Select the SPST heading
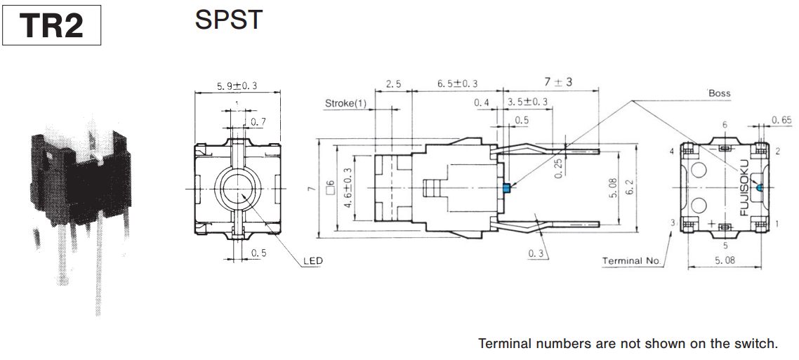228,20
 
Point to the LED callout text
313,261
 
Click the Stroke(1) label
345,103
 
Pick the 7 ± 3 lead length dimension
558,82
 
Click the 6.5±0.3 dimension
457,84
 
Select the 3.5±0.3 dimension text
527,102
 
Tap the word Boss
719,93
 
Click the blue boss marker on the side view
506,187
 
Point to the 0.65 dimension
781,120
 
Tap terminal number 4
672,152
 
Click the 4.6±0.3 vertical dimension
346,188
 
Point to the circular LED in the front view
237,189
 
